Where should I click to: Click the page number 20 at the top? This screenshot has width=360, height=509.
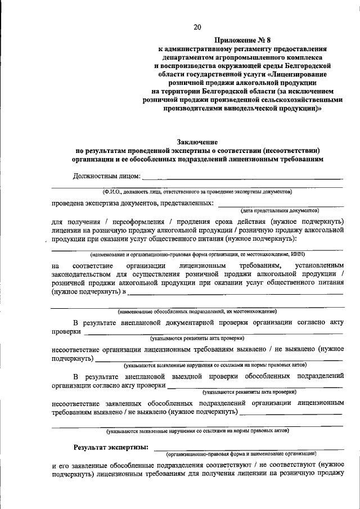click(x=197, y=26)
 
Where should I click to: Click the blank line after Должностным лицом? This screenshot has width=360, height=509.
click(x=242, y=178)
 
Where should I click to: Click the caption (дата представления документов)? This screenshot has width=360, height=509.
click(x=280, y=210)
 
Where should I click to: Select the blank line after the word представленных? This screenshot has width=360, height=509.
click(x=280, y=205)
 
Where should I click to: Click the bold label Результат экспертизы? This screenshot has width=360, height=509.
click(x=111, y=447)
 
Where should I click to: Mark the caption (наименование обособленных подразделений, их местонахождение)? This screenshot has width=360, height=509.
click(x=197, y=311)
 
